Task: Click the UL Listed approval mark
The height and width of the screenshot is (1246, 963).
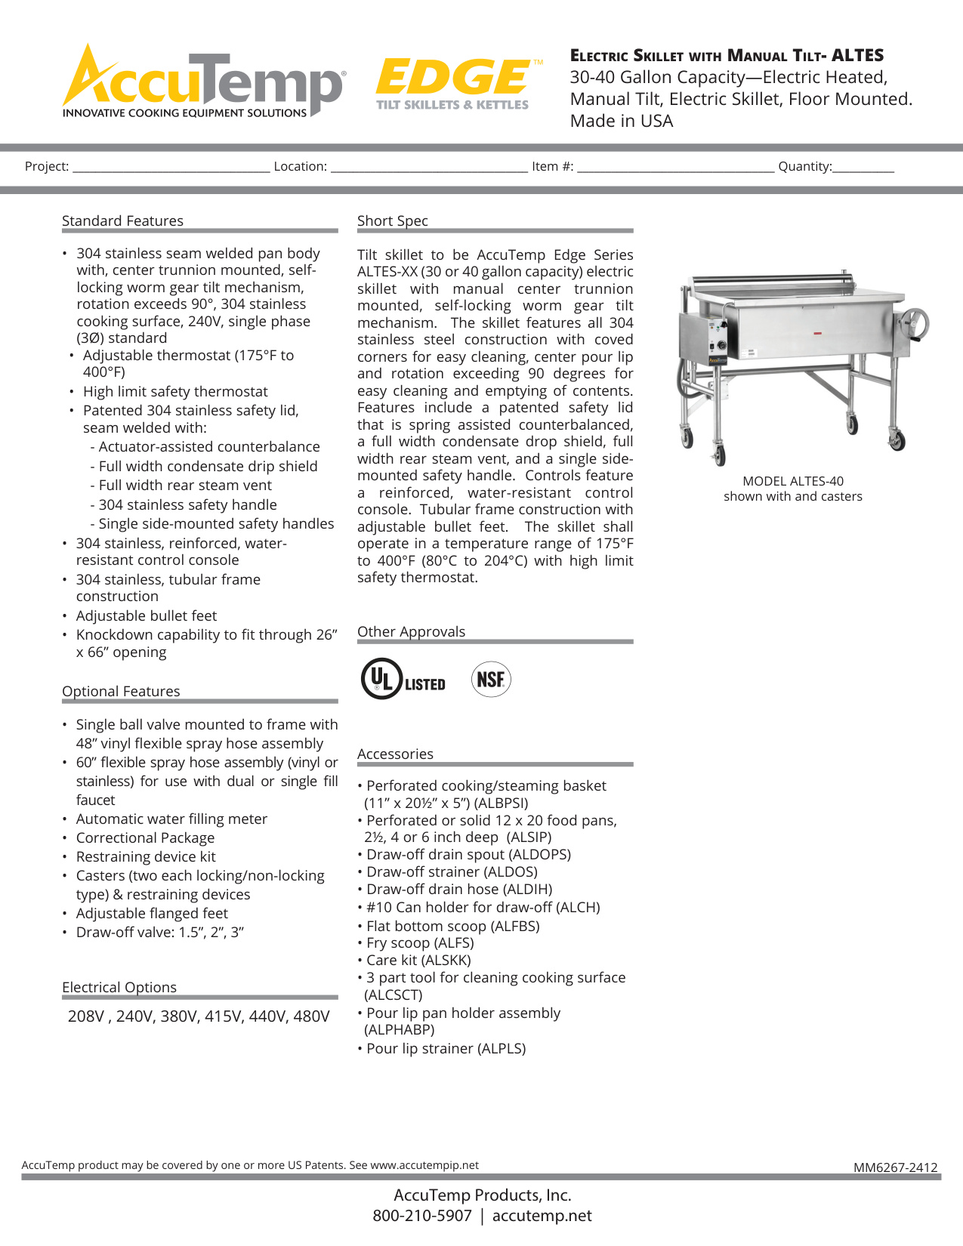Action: click(x=403, y=679)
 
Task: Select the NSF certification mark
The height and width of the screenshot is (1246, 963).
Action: click(x=491, y=679)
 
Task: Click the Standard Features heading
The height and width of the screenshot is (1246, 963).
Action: click(x=122, y=221)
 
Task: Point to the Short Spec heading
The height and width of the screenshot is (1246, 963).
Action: click(x=392, y=221)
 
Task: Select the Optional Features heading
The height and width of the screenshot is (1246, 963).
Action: click(x=121, y=691)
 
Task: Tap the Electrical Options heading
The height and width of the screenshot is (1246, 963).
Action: click(x=119, y=987)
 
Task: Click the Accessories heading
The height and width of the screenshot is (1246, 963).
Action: click(x=395, y=754)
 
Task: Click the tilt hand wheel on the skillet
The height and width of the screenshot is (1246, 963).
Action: click(x=915, y=325)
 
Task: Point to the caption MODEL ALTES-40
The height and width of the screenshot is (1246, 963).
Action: click(x=793, y=481)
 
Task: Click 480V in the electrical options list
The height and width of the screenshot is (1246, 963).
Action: click(x=311, y=1016)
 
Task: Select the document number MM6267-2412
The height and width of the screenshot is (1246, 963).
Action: click(x=895, y=1167)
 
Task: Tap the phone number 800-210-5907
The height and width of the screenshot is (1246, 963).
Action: click(x=422, y=1216)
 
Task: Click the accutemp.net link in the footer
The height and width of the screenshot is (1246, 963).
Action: click(x=542, y=1216)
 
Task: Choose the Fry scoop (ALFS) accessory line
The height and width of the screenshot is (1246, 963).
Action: click(x=420, y=942)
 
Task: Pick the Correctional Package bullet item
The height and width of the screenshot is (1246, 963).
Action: click(x=145, y=837)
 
